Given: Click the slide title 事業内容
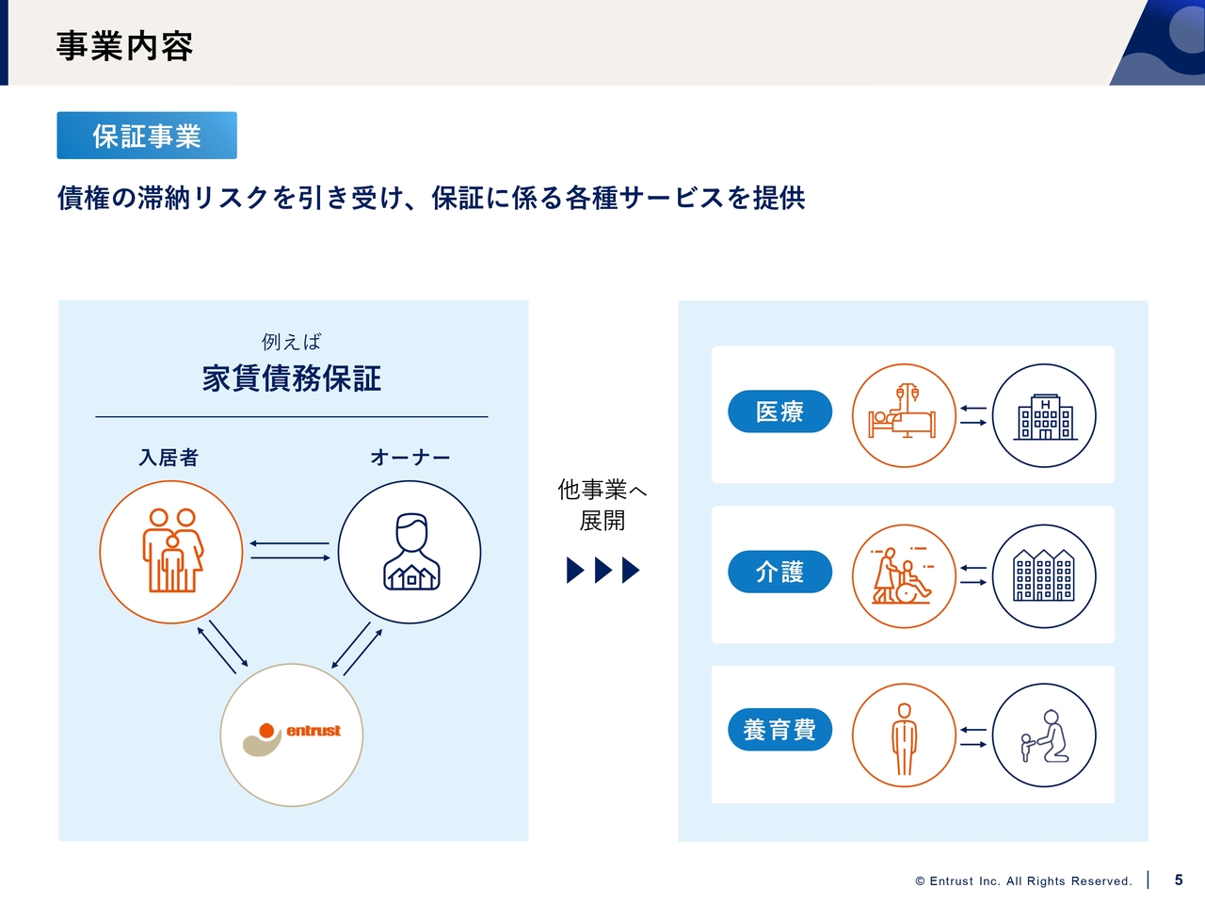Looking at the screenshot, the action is (x=124, y=46).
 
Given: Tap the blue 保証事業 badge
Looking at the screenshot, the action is (x=147, y=136).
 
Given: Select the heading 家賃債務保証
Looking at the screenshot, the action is (x=292, y=379).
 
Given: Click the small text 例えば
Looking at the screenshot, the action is (x=292, y=342).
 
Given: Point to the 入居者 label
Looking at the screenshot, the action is (x=169, y=458).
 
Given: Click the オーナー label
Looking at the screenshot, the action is (x=410, y=458).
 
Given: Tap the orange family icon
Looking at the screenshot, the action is (x=172, y=551).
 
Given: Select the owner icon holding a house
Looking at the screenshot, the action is (x=411, y=552).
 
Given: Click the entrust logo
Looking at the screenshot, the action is (x=292, y=738).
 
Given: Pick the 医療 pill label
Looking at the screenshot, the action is (x=779, y=412).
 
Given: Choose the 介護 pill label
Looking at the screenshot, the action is (x=779, y=572).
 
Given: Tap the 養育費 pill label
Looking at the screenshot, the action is (x=779, y=730).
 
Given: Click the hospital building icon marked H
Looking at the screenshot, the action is (x=1045, y=416).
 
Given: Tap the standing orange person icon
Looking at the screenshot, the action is (x=904, y=739).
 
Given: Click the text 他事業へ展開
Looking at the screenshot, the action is (x=602, y=505).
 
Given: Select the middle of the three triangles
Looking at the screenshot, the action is (x=603, y=571).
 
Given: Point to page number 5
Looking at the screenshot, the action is (x=1179, y=880).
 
